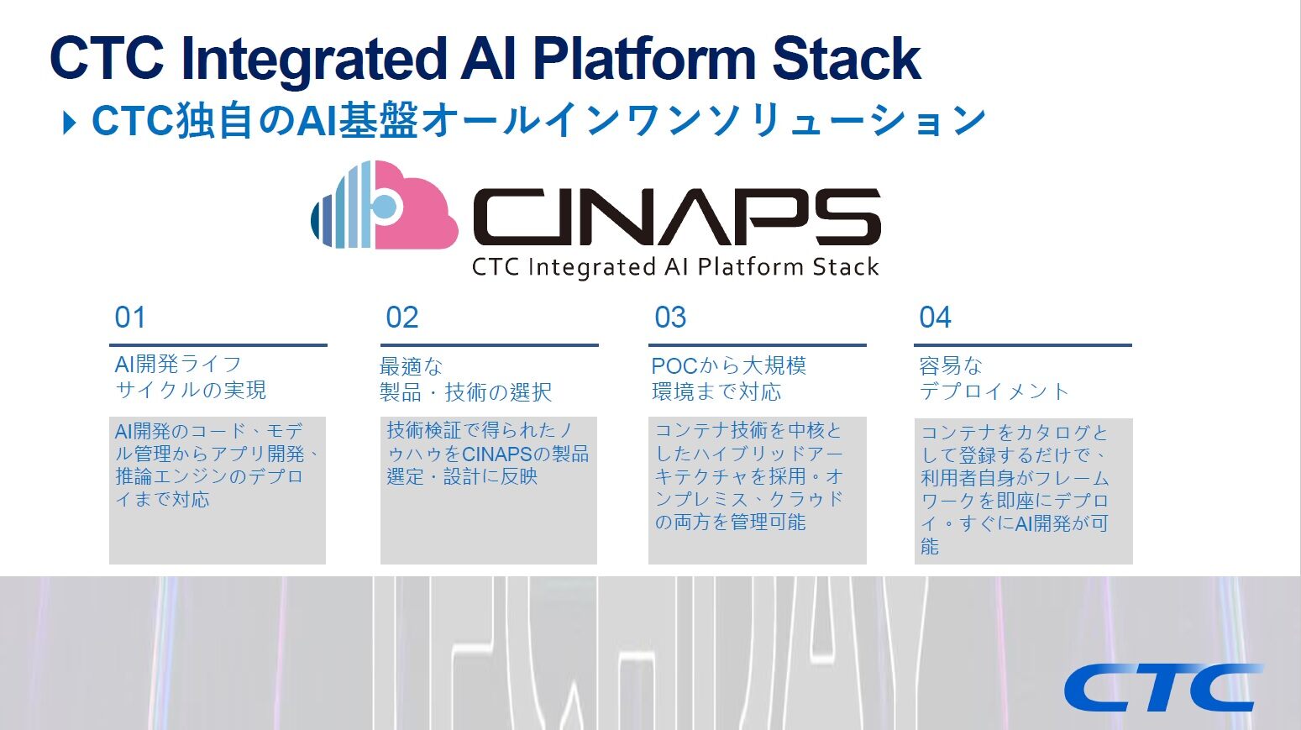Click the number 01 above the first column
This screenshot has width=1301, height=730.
(x=130, y=318)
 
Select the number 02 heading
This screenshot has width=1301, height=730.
(x=401, y=318)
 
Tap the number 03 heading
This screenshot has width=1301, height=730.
(x=670, y=318)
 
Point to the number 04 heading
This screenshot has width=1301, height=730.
(x=935, y=318)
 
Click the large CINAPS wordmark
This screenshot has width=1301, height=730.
(x=676, y=217)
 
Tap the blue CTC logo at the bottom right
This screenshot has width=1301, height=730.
(x=1162, y=687)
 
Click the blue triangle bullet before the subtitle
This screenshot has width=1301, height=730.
(x=69, y=123)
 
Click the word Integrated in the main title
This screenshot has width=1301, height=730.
(x=312, y=59)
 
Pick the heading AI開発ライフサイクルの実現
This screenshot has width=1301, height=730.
(x=191, y=377)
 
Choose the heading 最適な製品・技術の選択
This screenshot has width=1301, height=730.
(x=465, y=379)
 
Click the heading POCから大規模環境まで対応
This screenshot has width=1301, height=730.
(x=728, y=378)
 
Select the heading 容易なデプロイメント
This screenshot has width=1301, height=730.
(x=994, y=378)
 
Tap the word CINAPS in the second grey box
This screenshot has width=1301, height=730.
(x=497, y=454)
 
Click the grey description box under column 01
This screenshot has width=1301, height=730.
(x=218, y=490)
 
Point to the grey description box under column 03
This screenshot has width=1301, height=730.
(x=757, y=490)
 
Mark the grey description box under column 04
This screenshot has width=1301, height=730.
(x=1023, y=491)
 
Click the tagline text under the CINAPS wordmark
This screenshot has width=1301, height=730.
(x=675, y=267)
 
